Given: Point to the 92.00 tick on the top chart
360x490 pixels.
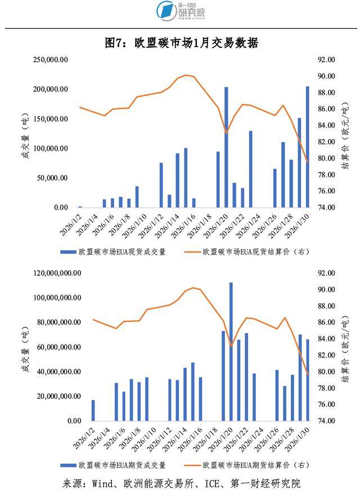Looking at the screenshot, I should [327, 60].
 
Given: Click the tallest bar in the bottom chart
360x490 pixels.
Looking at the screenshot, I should [231, 352].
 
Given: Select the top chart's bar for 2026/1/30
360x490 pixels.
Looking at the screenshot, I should [308, 147].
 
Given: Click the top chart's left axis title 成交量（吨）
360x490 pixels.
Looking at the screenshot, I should [25, 135].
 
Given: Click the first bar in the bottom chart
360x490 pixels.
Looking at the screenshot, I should [93, 410].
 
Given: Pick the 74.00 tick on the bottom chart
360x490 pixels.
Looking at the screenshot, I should [327, 421].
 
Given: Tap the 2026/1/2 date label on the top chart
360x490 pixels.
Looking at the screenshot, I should [75, 222].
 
